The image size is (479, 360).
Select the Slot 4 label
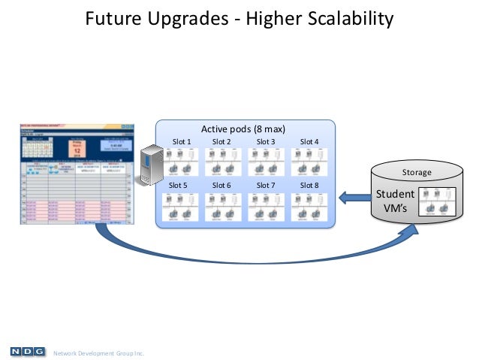309,141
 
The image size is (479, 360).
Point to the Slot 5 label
179,185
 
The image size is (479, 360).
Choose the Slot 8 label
309,185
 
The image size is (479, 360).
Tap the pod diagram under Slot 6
223,206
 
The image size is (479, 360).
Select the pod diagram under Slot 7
267,206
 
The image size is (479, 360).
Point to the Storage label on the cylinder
417,172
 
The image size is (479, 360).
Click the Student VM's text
395,201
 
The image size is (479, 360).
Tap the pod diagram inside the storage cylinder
436,201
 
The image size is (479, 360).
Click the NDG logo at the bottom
26,351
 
